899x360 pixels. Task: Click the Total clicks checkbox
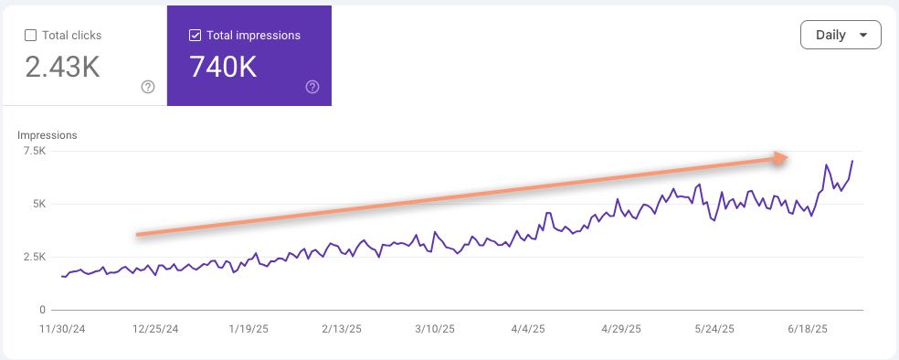coord(30,36)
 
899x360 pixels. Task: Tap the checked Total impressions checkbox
coord(195,36)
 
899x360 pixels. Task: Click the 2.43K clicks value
coord(61,68)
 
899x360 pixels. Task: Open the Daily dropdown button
coord(841,35)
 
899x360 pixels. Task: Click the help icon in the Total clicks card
coord(148,87)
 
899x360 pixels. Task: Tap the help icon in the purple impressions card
coord(312,87)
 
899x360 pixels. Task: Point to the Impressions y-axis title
coord(48,135)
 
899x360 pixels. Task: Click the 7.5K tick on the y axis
coord(34,152)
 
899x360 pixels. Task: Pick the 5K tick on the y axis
coord(38,205)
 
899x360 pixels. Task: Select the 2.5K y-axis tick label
coord(34,258)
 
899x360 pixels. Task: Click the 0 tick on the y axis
coord(42,310)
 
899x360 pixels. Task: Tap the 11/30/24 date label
coord(61,327)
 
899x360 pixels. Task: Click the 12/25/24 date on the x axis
coord(155,327)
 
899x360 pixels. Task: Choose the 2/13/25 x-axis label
coord(344,327)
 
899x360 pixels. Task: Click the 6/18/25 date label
coord(808,327)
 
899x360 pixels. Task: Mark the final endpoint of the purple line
coord(852,161)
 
